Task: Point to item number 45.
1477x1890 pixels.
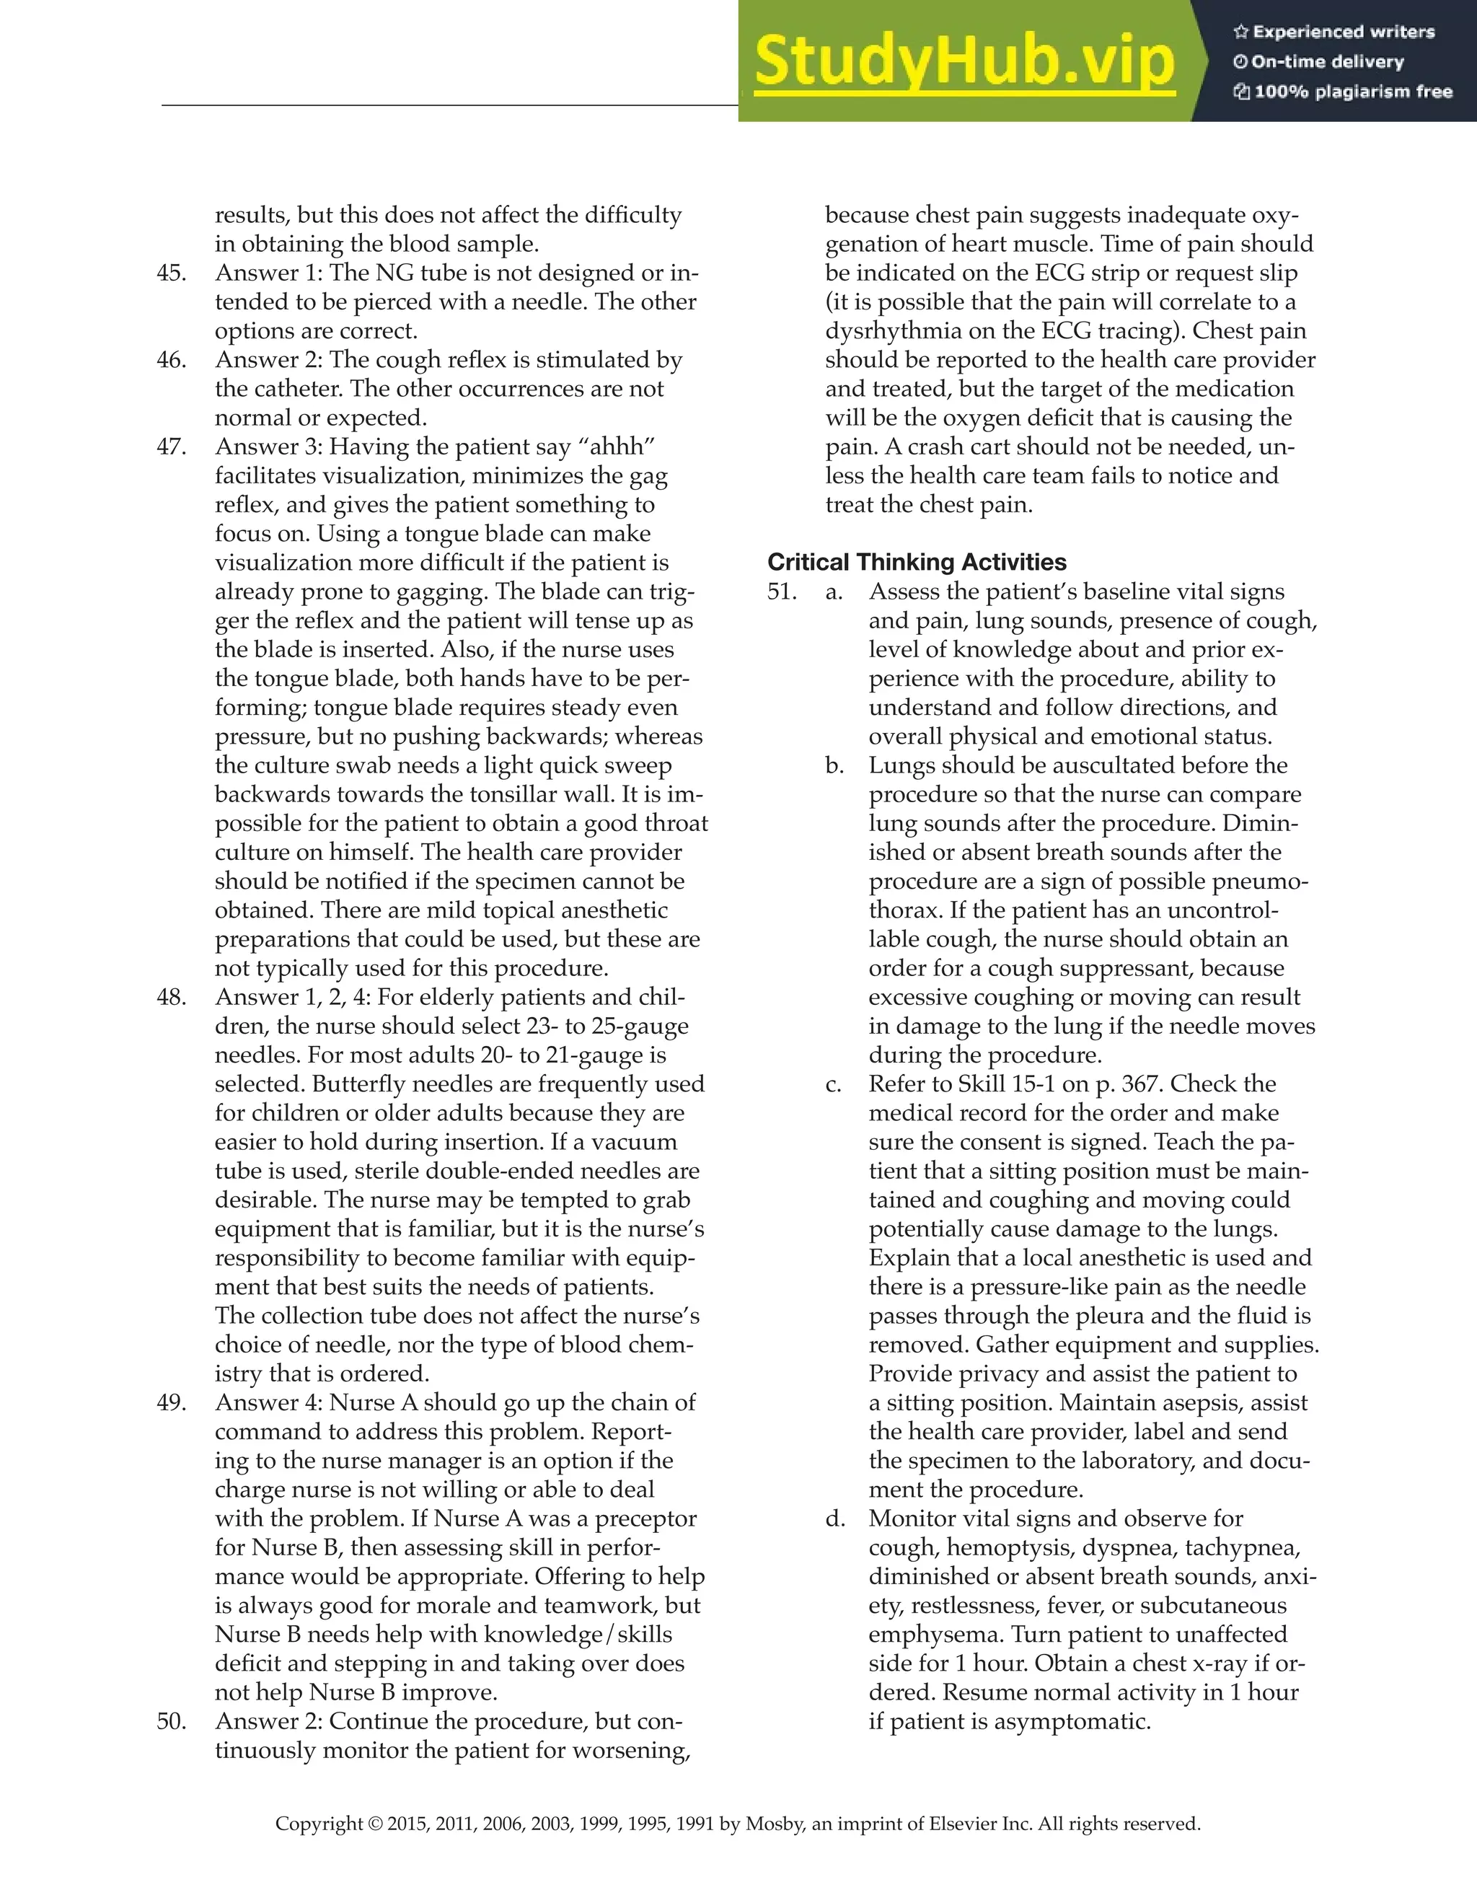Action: point(172,273)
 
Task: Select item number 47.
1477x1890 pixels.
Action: point(172,447)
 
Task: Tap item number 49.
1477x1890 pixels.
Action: point(172,1402)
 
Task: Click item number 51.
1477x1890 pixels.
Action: point(782,592)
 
